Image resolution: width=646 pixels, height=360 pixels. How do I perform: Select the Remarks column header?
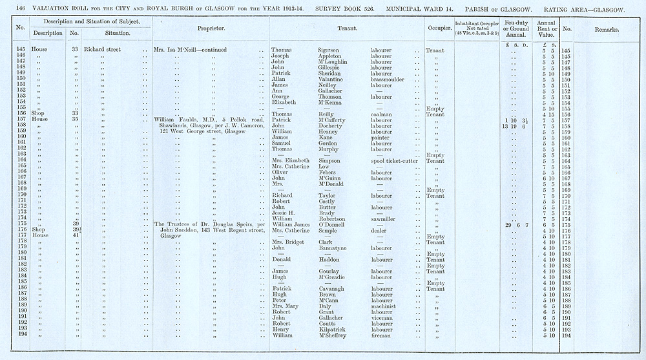tap(608, 30)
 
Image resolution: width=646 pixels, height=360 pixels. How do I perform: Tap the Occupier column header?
tap(439, 29)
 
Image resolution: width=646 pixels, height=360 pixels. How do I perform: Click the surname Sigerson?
tap(331, 50)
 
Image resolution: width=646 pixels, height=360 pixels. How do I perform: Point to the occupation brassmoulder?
tap(387, 79)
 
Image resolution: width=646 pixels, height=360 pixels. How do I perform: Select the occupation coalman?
tap(380, 114)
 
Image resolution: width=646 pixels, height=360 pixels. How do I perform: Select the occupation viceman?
tap(381, 318)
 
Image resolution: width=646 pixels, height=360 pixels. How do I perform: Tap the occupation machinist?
tap(384, 306)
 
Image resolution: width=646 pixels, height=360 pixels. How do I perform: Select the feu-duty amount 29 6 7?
tap(517, 225)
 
